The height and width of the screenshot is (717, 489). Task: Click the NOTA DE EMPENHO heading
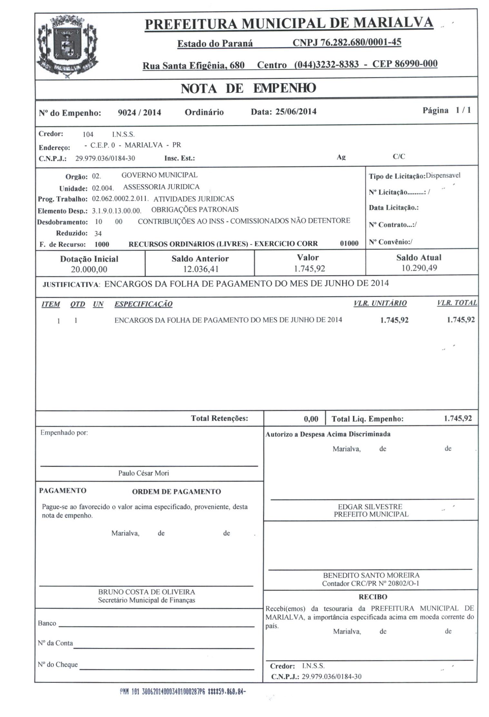[x=248, y=88]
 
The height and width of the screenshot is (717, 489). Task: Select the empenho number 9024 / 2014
[x=139, y=113]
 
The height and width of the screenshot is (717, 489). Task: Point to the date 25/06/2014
[x=296, y=112]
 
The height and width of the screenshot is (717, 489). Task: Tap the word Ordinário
[x=204, y=112]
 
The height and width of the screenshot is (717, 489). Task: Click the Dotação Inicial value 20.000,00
[x=89, y=269]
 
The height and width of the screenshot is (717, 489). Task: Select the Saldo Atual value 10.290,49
[x=419, y=268]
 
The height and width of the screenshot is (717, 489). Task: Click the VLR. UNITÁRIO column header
[x=380, y=303]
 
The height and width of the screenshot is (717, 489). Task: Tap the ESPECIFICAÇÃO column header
[x=143, y=304]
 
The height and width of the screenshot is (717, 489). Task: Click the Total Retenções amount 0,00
[x=311, y=419]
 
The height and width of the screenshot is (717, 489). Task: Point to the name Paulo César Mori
[x=143, y=473]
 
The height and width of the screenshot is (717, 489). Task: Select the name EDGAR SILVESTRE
[x=370, y=507]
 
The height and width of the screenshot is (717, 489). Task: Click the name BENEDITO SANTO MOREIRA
[x=371, y=575]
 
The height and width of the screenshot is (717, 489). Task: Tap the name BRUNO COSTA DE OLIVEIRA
[x=146, y=592]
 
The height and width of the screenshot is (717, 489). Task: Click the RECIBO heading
[x=373, y=597]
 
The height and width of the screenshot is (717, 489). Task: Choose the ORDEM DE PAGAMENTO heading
[x=176, y=492]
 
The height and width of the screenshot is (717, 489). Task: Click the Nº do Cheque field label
[x=58, y=664]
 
